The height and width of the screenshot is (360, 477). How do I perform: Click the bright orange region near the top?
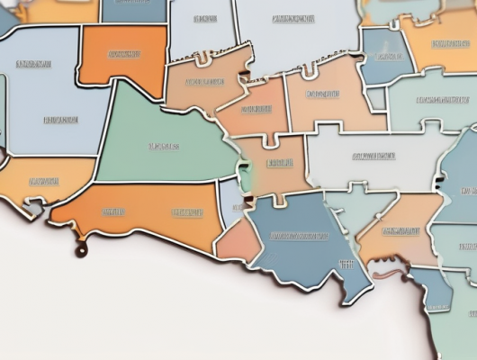(x=122, y=54)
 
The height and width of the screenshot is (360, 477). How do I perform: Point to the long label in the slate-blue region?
(x=300, y=237)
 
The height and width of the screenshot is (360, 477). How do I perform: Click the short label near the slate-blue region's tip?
(x=346, y=264)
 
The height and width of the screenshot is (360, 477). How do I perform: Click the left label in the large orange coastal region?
(x=113, y=213)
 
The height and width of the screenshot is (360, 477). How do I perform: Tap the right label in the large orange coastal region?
(x=187, y=213)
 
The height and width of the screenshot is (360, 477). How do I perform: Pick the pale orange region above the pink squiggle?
(x=400, y=229)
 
